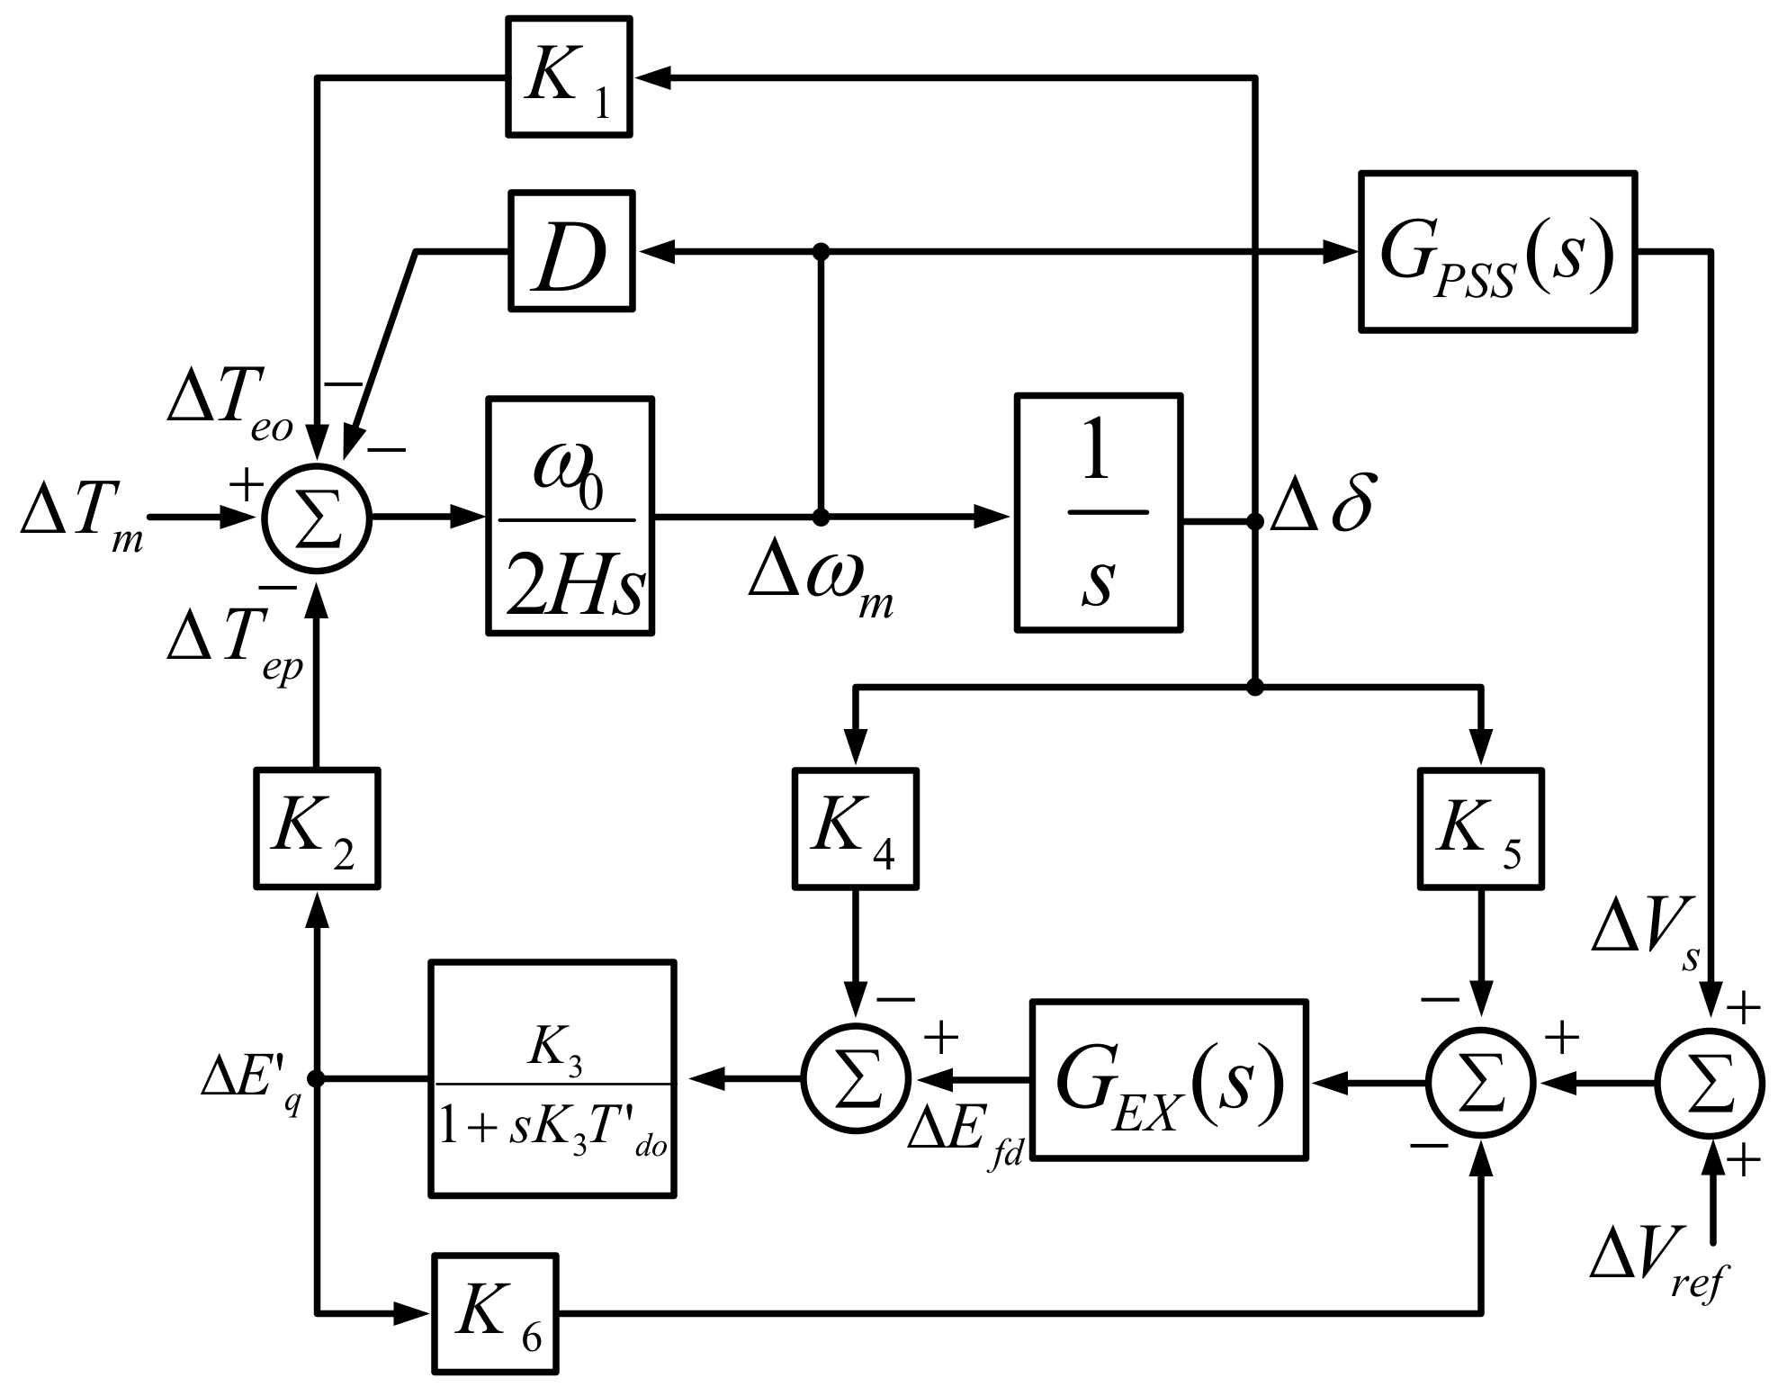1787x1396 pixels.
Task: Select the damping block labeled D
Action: tap(571, 251)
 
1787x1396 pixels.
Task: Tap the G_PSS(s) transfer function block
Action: tap(1497, 251)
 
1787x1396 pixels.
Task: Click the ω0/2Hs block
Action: tap(570, 517)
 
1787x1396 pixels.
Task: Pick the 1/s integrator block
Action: tap(1098, 512)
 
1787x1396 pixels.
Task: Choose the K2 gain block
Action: tap(316, 829)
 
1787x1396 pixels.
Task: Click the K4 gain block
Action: tap(855, 829)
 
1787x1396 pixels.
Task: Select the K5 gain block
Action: tap(1480, 829)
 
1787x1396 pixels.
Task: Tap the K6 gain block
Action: tap(495, 1314)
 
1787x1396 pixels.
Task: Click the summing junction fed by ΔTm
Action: tap(317, 518)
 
